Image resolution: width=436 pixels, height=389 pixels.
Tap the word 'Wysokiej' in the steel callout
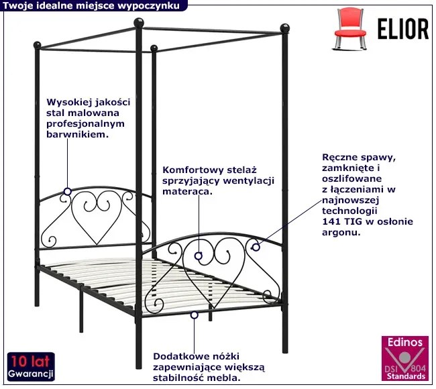point(66,103)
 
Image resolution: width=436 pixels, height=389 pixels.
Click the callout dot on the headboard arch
point(67,192)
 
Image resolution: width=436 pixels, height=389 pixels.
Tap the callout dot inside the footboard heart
point(199,256)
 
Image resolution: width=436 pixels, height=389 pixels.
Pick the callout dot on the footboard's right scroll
point(256,247)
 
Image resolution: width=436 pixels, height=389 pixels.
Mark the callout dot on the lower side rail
point(194,315)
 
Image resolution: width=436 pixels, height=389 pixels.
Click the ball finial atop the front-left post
point(139,23)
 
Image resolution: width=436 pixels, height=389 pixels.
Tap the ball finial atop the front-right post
point(284,28)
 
